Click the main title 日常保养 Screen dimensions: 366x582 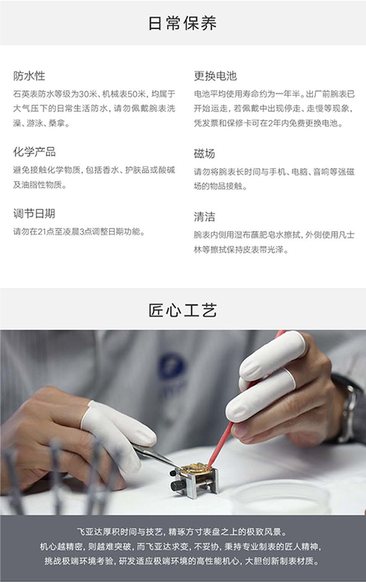point(183,23)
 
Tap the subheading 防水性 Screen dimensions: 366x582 point(29,76)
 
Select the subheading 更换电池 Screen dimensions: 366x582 point(215,76)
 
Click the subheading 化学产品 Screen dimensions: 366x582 point(34,152)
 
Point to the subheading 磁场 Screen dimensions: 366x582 point(204,153)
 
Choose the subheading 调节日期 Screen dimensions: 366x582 point(34,214)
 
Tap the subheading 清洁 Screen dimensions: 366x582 point(204,217)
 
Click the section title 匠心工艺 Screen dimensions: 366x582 point(183,310)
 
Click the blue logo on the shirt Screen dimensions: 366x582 point(172,367)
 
